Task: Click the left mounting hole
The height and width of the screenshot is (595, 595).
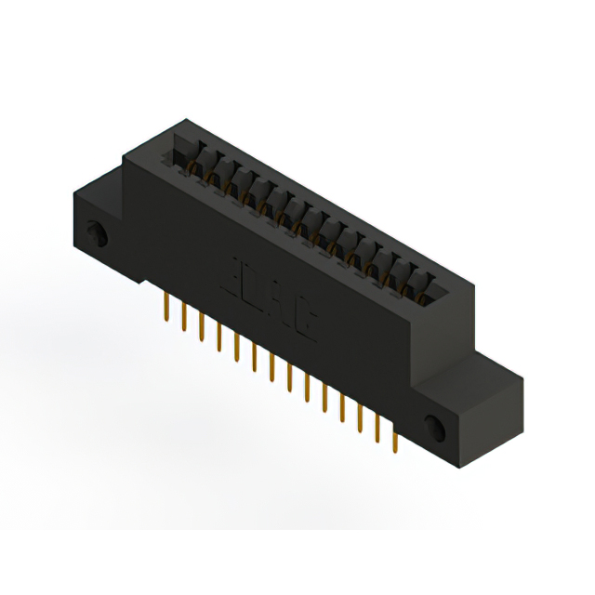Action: pos(94,231)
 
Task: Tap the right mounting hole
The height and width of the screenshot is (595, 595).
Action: pos(433,427)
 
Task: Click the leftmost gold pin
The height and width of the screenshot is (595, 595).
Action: pos(165,306)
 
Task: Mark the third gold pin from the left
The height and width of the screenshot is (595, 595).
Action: pos(202,327)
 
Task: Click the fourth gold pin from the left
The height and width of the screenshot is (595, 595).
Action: pos(219,338)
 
